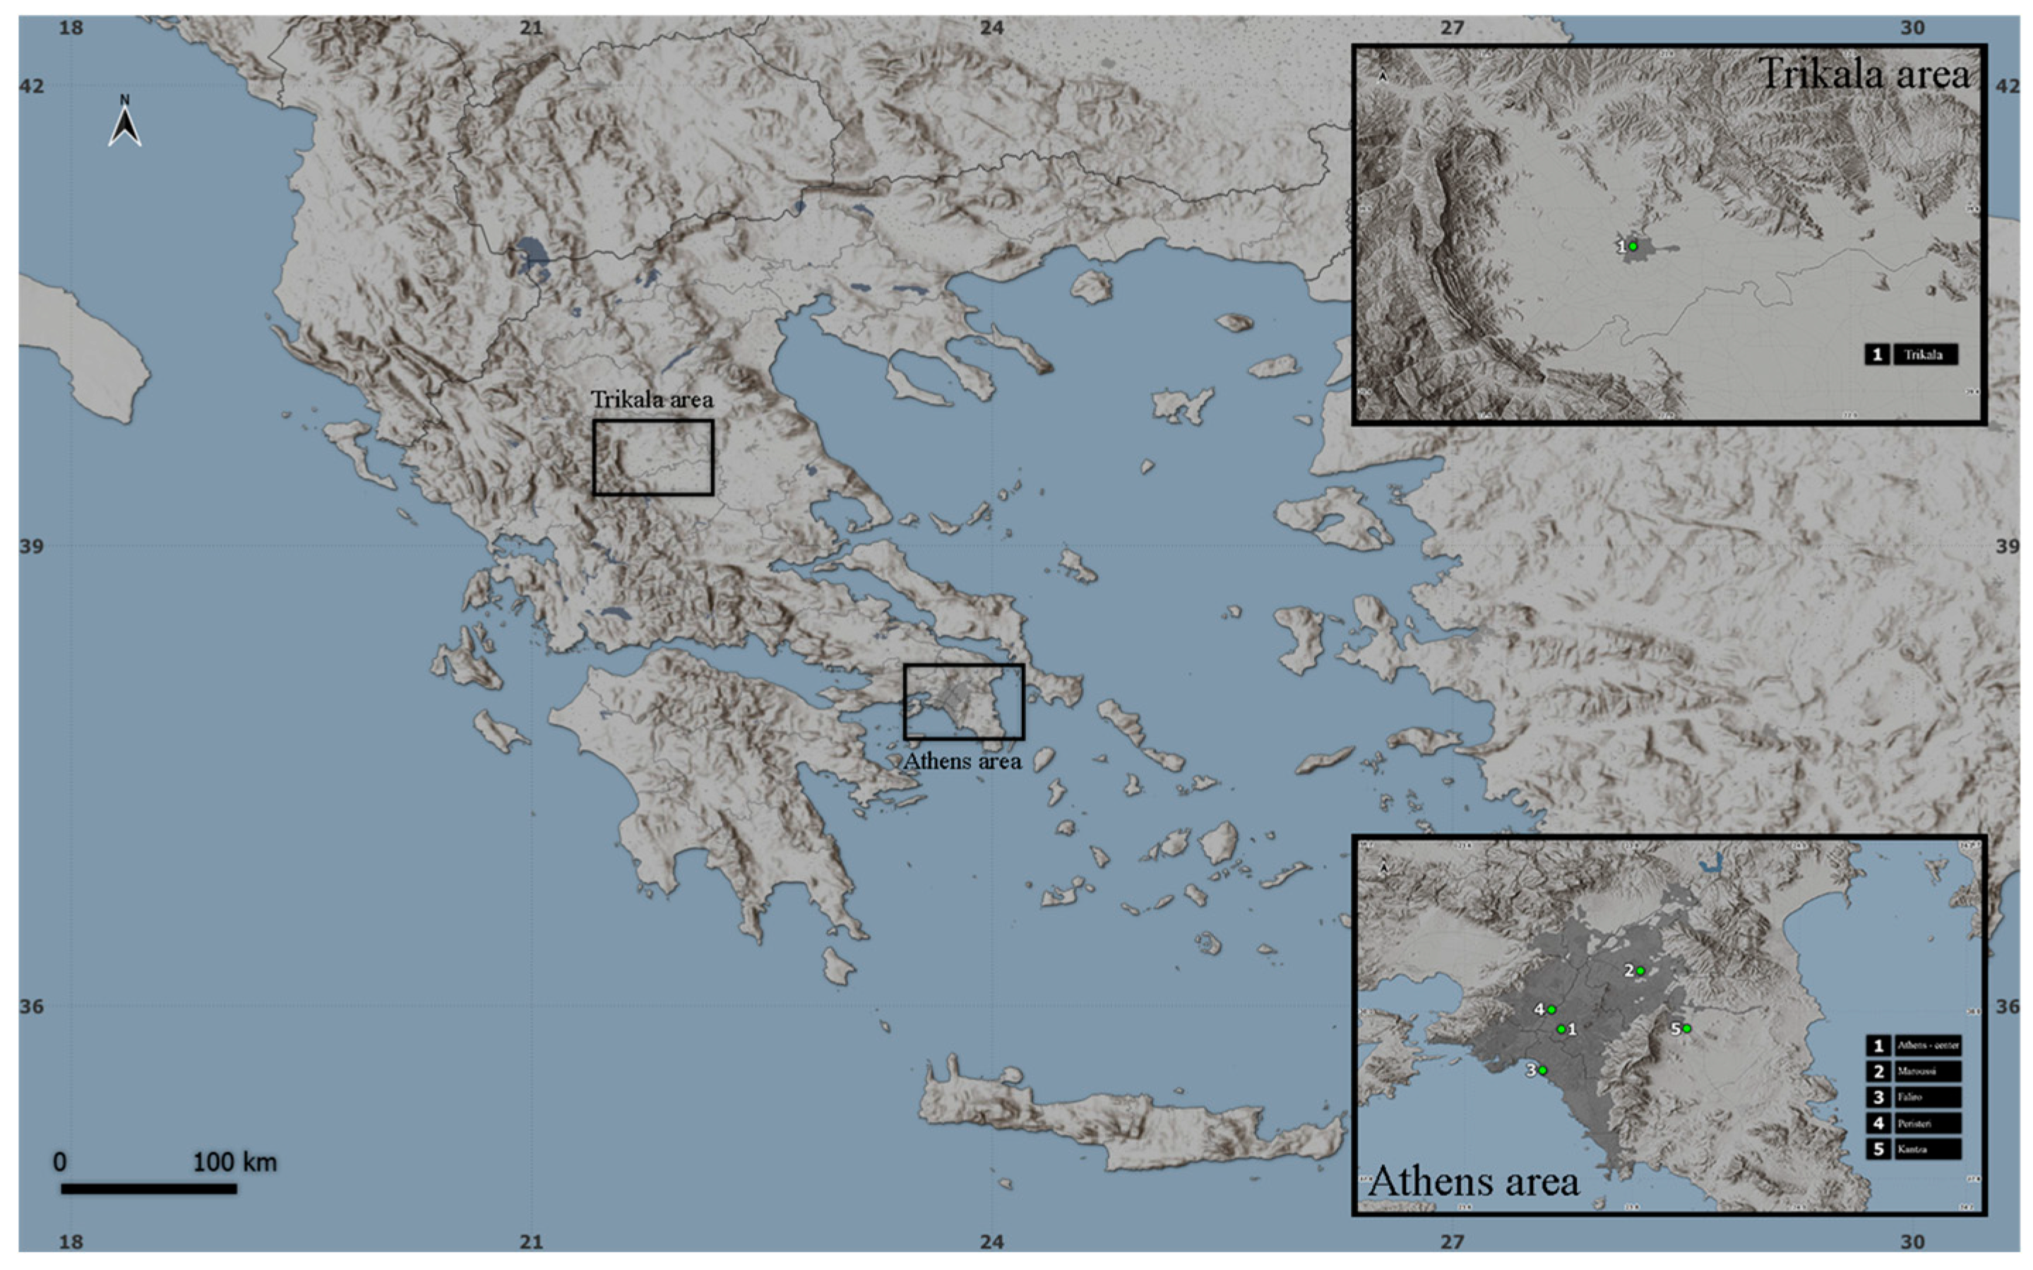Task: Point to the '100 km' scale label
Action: click(x=234, y=1162)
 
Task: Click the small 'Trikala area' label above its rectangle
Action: click(x=651, y=400)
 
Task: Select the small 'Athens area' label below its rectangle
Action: click(x=962, y=761)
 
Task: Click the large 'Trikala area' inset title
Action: click(x=1864, y=74)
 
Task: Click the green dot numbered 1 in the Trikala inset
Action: click(x=1633, y=246)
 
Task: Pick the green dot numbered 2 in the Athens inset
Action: click(x=1640, y=971)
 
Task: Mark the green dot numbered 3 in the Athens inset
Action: click(x=1542, y=1070)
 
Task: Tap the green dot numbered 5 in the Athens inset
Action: click(x=1686, y=1028)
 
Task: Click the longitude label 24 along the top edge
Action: click(x=991, y=28)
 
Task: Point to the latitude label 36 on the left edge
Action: click(x=31, y=1005)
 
